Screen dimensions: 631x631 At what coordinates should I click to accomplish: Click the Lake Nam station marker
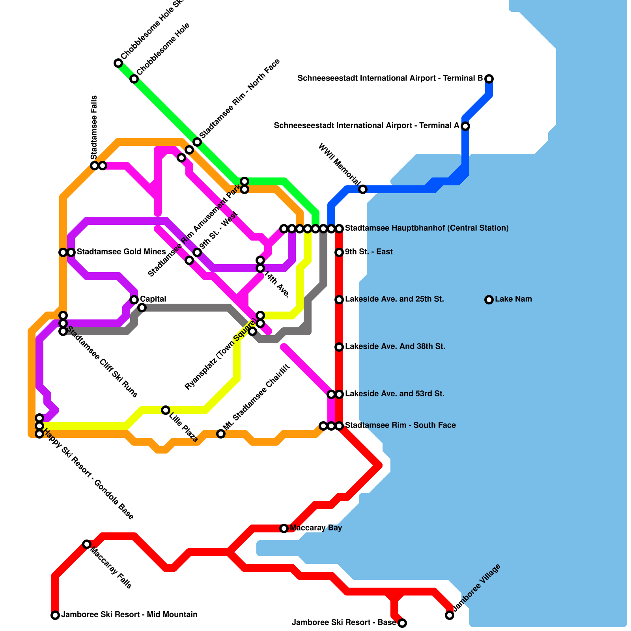click(489, 300)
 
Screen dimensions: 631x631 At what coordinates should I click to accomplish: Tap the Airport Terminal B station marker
click(489, 79)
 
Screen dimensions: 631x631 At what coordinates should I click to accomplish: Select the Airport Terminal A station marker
click(465, 126)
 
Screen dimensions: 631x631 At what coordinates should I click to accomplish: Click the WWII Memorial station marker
click(363, 189)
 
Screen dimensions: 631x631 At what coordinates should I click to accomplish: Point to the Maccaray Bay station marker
click(284, 528)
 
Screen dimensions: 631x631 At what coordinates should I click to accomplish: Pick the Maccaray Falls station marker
click(87, 544)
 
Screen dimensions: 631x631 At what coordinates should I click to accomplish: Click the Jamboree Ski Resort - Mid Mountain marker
click(55, 615)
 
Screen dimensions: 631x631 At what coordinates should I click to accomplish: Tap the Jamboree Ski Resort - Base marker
click(402, 623)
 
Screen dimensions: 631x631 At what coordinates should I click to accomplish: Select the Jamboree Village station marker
click(450, 615)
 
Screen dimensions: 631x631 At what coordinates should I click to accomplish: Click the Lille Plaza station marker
click(166, 410)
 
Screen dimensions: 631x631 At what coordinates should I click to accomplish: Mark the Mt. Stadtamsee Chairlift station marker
click(221, 434)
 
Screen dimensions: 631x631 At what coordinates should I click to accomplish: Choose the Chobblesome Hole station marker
click(134, 79)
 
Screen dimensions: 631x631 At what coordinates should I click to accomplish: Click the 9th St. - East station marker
click(339, 252)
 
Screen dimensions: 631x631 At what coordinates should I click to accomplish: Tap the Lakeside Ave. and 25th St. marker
click(339, 300)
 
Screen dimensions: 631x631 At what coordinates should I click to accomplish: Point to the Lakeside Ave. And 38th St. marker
click(339, 347)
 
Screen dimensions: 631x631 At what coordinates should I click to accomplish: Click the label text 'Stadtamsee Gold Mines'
click(121, 252)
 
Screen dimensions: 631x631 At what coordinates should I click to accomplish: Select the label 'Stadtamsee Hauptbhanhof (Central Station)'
click(427, 228)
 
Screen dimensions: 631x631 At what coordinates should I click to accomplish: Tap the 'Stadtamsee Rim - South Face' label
click(400, 426)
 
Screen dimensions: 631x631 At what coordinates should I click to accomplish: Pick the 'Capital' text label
click(153, 299)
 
